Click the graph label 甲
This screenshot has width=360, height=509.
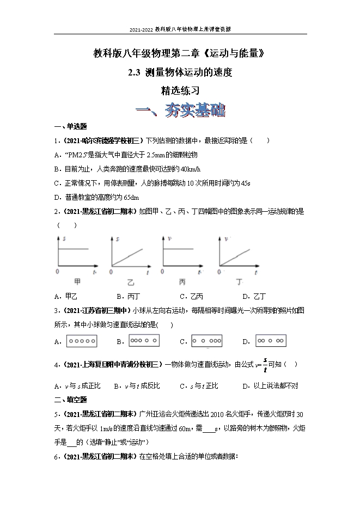pyautogui.click(x=77, y=282)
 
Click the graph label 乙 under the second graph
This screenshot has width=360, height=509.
pyautogui.click(x=131, y=283)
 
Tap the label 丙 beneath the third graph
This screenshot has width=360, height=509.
pyautogui.click(x=182, y=283)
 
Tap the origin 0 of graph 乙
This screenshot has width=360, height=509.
pyautogui.click(x=112, y=271)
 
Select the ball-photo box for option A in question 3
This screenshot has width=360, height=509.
pyautogui.click(x=82, y=341)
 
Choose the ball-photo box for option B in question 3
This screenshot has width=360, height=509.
pyautogui.click(x=144, y=341)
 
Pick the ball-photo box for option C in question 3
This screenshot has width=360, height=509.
pyautogui.click(x=207, y=341)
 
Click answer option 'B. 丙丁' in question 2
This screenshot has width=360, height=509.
pyautogui.click(x=129, y=296)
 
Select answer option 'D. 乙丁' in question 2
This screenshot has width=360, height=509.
pyautogui.click(x=254, y=296)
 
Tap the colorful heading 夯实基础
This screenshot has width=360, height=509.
pyautogui.click(x=181, y=111)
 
